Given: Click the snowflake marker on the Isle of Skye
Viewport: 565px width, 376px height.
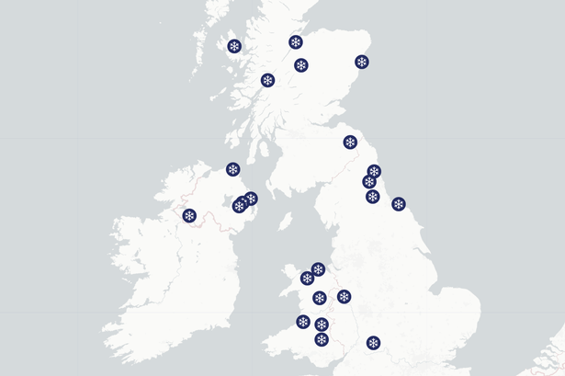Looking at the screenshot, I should tap(234, 46).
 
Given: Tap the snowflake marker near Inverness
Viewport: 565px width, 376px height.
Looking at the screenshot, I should tap(296, 41).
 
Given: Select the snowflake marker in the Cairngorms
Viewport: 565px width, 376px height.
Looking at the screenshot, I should tap(300, 65).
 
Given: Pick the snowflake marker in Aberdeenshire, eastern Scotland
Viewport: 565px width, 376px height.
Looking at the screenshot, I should tap(362, 63).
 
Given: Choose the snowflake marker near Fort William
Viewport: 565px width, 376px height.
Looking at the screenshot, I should tap(267, 80).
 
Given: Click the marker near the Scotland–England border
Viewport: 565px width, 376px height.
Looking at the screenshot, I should tap(350, 142).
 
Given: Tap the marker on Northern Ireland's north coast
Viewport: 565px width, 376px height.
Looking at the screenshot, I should tap(233, 169).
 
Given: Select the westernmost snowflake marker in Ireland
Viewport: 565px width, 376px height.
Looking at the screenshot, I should tap(189, 216).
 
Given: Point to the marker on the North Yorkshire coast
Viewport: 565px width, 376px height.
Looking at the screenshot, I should tap(399, 204).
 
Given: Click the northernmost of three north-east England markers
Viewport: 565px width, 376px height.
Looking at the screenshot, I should tap(374, 171).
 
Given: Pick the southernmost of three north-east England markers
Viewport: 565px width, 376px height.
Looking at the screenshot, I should tap(372, 196).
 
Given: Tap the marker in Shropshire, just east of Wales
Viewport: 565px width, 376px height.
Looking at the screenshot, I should tap(344, 296).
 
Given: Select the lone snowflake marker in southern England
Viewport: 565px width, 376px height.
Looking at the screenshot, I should tap(373, 343).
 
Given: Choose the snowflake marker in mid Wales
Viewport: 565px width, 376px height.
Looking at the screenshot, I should tap(319, 298).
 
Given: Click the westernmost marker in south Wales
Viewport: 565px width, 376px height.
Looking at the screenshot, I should tap(303, 321).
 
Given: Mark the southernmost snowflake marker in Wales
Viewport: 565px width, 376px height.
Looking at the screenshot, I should tap(322, 339).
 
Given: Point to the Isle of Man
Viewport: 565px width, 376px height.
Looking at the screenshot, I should tap(285, 222).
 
